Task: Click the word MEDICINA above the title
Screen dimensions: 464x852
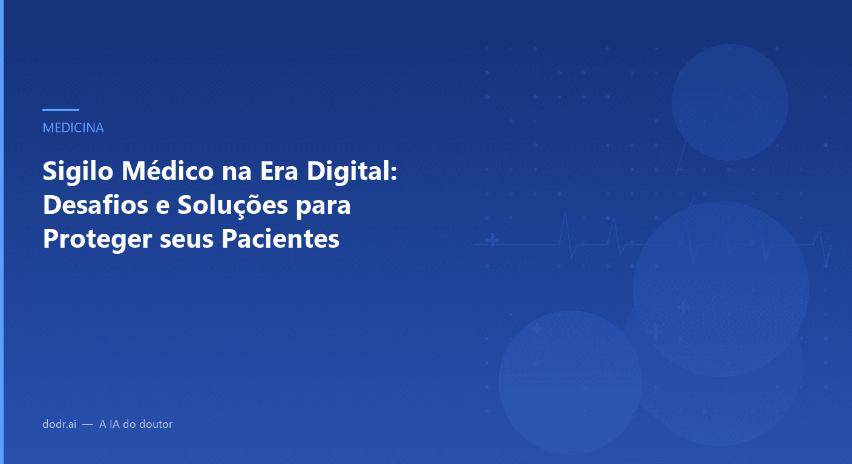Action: point(73,128)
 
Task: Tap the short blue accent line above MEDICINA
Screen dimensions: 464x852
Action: point(61,110)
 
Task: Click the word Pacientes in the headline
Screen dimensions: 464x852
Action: point(280,239)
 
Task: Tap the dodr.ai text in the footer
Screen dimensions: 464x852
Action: point(59,424)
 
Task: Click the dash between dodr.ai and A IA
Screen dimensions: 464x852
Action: point(88,424)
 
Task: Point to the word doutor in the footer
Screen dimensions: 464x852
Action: point(156,424)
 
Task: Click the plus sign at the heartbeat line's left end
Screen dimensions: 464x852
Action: point(493,241)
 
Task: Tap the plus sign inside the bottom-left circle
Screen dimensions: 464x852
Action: point(537,330)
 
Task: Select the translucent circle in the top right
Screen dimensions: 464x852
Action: point(730,102)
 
